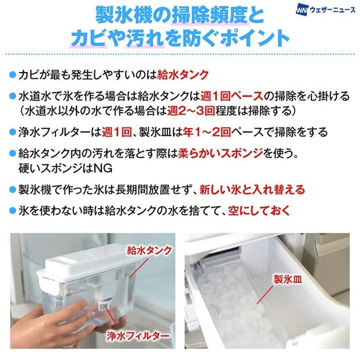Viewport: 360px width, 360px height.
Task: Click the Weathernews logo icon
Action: (x=302, y=10)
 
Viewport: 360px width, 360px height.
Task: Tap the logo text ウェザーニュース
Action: (x=332, y=10)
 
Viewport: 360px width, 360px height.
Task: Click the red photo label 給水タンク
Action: (x=149, y=250)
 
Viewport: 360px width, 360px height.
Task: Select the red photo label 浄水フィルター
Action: (x=138, y=337)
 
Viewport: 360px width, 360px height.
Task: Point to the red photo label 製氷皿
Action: (x=288, y=279)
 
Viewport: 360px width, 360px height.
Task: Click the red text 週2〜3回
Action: (x=191, y=111)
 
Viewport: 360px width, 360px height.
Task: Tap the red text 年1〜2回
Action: (x=207, y=132)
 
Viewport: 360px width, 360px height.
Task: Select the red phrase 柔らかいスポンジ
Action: (x=221, y=153)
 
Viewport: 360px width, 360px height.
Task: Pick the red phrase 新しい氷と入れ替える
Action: (x=252, y=190)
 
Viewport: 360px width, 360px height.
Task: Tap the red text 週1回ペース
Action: (x=232, y=96)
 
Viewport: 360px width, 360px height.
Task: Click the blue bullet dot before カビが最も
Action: (x=13, y=75)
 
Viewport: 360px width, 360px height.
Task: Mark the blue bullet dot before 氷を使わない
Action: (x=13, y=211)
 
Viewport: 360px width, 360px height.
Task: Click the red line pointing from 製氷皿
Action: (x=265, y=295)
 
